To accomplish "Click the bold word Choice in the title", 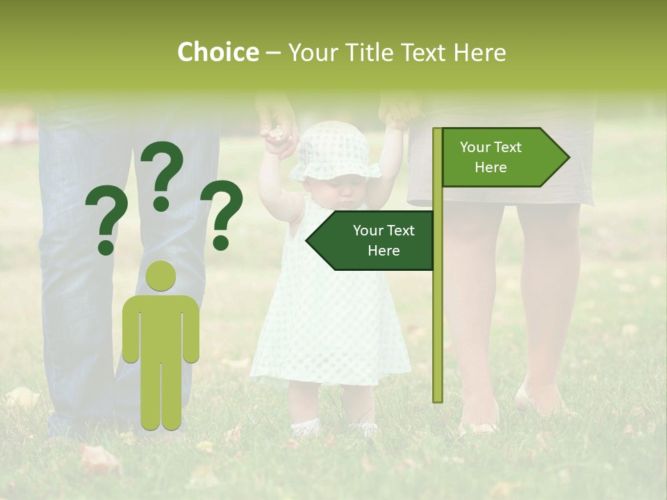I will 217,53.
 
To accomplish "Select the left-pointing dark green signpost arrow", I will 372,240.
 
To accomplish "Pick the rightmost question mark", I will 222,215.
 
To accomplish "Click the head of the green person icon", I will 161,276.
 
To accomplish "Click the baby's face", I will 345,192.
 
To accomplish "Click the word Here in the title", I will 480,53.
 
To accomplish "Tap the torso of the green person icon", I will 161,326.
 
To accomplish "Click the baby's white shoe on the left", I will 305,426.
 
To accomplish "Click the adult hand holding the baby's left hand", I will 276,122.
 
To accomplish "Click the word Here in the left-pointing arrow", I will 384,251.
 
